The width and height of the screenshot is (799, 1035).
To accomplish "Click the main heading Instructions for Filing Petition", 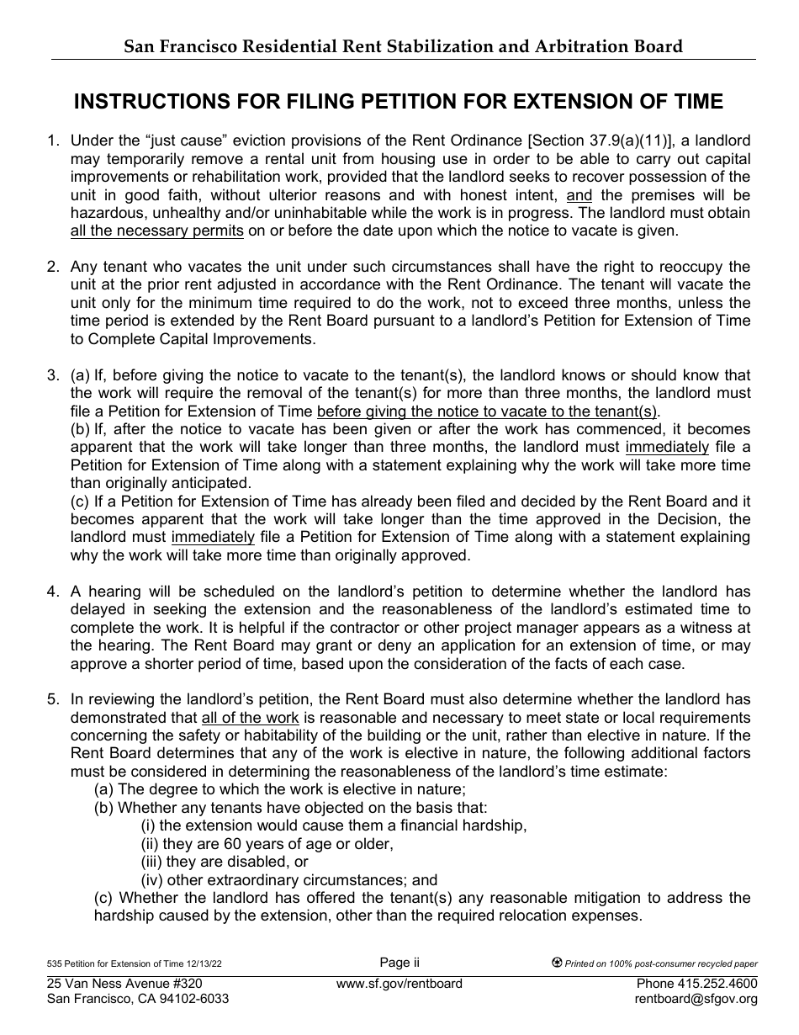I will [399, 102].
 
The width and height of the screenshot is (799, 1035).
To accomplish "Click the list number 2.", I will [52, 267].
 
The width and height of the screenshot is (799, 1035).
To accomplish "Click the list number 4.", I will [52, 592].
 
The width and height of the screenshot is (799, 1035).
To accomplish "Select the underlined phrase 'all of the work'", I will [250, 718].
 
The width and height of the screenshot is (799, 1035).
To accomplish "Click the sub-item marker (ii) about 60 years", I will [150, 843].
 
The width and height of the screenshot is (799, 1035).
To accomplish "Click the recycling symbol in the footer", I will [556, 963].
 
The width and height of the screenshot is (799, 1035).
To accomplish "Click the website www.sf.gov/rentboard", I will [399, 984].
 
